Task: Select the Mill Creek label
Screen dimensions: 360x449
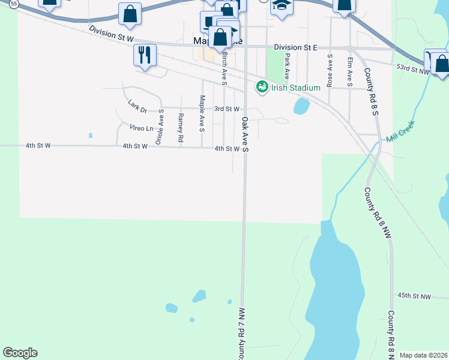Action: coord(401,132)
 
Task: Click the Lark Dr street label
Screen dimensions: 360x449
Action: coord(137,107)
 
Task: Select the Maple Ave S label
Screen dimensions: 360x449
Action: coord(202,113)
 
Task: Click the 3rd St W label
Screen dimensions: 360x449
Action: coord(227,109)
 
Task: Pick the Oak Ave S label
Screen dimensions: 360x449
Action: coord(245,134)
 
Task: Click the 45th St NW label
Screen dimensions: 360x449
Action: coord(414,296)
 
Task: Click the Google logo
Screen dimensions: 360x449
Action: coord(20,353)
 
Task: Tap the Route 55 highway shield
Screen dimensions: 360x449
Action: coord(13,3)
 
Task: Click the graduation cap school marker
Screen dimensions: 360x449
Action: coord(282,6)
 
